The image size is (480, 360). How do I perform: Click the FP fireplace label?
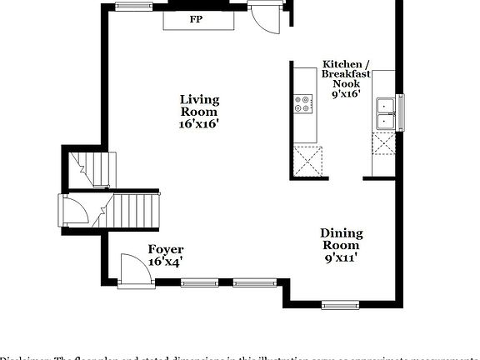tap(197, 19)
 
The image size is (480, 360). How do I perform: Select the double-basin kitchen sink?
tap(385, 113)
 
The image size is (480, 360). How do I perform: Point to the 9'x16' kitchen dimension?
tap(345, 95)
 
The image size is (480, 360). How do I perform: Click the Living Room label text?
tap(199, 106)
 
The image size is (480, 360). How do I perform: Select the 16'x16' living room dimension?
tap(199, 124)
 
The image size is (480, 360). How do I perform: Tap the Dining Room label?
tap(342, 240)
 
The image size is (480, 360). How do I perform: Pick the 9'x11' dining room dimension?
tap(342, 258)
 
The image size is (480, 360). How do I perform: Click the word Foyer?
tap(166, 249)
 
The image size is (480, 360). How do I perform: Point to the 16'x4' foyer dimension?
tap(166, 262)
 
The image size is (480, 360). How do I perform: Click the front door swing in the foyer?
tap(132, 270)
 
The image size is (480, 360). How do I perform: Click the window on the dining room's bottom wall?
tap(339, 303)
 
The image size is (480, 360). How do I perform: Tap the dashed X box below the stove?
tap(307, 158)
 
